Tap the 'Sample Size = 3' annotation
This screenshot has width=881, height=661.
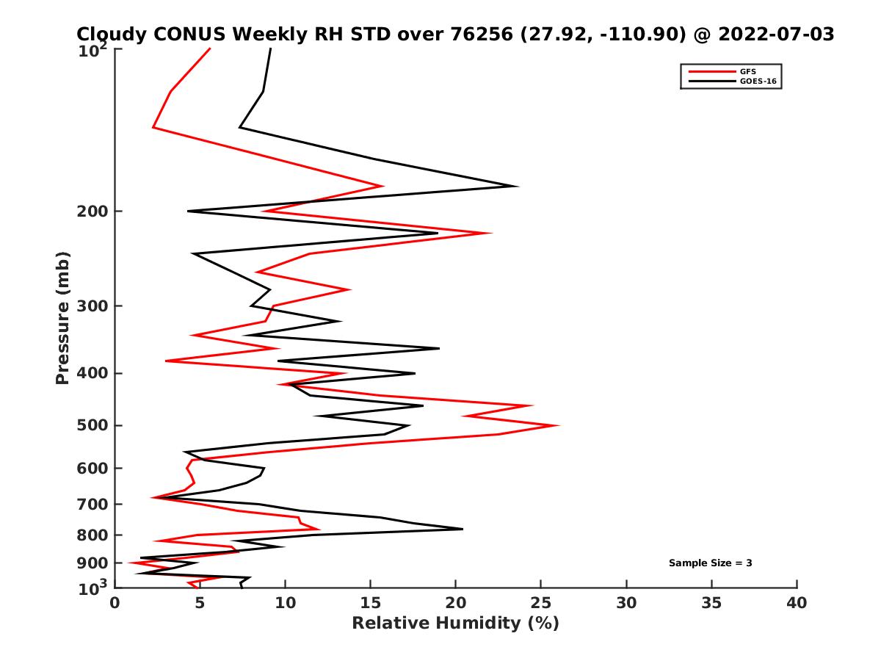tap(710, 563)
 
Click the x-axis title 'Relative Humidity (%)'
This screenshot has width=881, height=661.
tap(455, 624)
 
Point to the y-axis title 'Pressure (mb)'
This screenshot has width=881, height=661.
tap(62, 317)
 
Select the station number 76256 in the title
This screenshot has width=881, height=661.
tap(479, 34)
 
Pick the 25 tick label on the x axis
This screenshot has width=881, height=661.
tap(541, 604)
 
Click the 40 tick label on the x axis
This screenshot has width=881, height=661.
tap(797, 604)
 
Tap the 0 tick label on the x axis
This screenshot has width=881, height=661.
tap(115, 604)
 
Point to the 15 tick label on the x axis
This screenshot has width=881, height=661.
tap(371, 604)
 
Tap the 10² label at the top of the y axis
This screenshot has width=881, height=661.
tap(95, 51)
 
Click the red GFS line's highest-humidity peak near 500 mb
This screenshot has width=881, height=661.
tap(559, 425)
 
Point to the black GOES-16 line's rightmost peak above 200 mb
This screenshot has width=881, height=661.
tap(518, 186)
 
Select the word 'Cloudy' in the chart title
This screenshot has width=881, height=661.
tap(112, 34)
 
